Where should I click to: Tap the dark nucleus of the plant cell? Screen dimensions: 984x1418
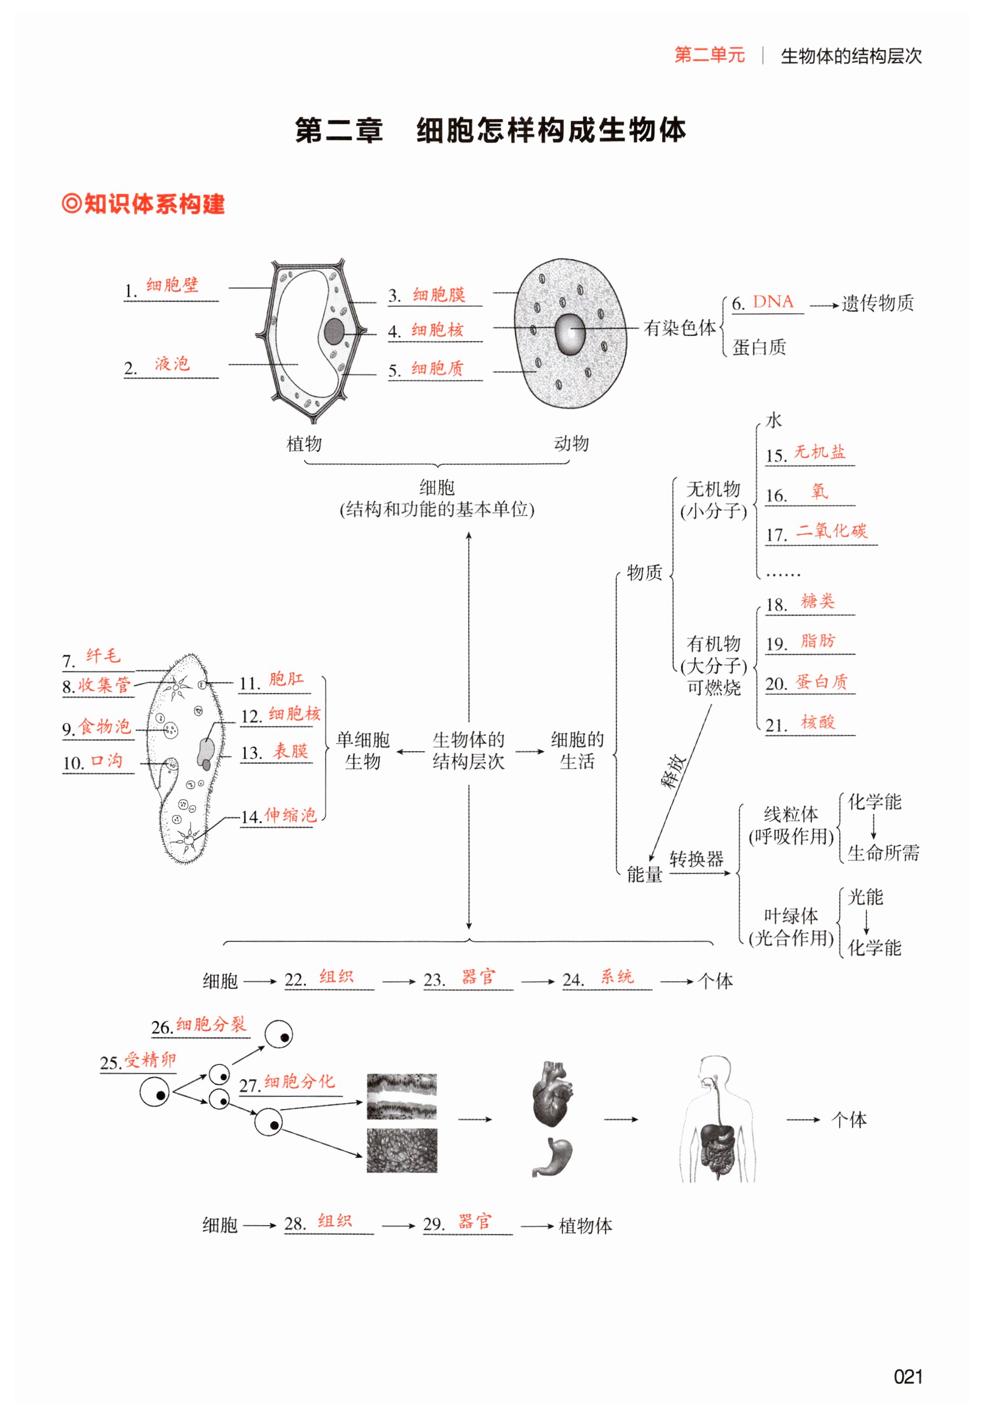tap(334, 331)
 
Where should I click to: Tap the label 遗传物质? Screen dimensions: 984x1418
tap(877, 303)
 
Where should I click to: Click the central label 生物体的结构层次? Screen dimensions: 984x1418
tap(469, 750)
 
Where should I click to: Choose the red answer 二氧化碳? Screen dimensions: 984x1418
tap(831, 530)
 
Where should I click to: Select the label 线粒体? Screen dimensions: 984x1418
tap(791, 814)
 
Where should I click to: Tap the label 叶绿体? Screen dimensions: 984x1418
tap(791, 915)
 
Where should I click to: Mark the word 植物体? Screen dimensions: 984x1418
tap(585, 1226)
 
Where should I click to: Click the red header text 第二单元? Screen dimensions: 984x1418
tap(710, 55)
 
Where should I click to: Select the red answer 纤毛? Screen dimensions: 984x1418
tap(103, 655)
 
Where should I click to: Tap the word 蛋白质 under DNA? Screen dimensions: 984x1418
tap(759, 348)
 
